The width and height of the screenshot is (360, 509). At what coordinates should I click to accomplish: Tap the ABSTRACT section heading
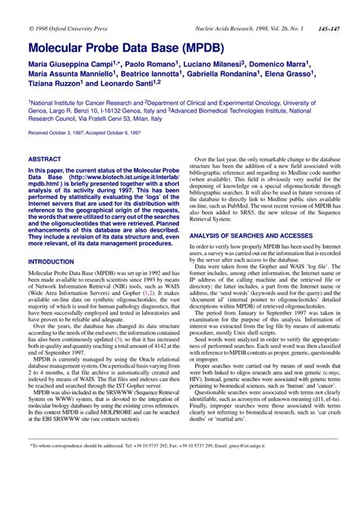46,159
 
